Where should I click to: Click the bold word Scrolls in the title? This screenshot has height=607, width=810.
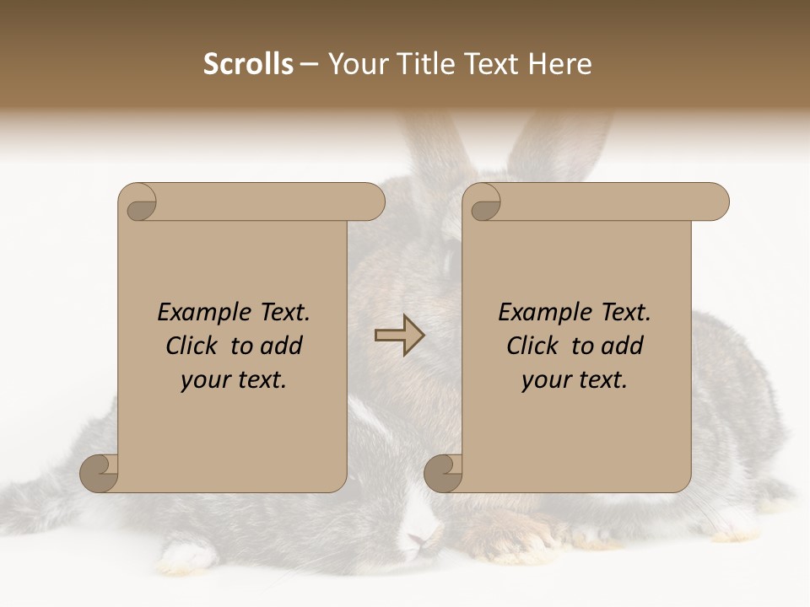point(249,64)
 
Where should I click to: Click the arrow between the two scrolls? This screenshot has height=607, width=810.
point(400,335)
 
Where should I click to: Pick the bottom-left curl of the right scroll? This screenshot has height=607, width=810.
point(445,471)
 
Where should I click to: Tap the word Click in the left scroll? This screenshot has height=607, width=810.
point(193,346)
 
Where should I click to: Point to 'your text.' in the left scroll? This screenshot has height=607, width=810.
point(234,379)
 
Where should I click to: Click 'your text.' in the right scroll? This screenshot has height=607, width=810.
point(575,379)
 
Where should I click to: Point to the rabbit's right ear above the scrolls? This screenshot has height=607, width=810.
point(561,143)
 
